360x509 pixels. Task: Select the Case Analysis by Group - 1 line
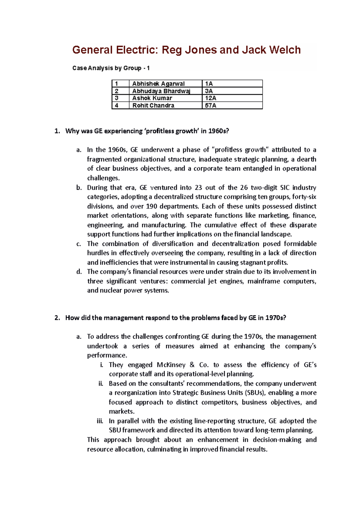[111, 68]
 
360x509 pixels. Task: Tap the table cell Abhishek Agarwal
[158, 84]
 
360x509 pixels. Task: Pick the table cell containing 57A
[210, 106]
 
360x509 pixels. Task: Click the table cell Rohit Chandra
[153, 106]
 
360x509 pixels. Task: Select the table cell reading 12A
[210, 98]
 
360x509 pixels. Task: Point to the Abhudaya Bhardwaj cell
[161, 91]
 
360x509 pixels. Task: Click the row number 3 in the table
[117, 98]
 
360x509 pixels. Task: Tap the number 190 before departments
[151, 206]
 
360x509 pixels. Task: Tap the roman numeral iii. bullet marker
[100, 421]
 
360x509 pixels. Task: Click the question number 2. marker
[57, 318]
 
